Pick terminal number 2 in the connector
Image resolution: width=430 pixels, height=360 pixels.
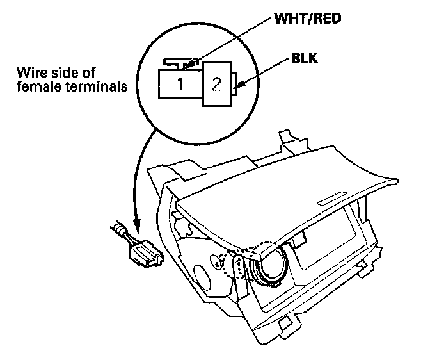pos(216,85)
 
